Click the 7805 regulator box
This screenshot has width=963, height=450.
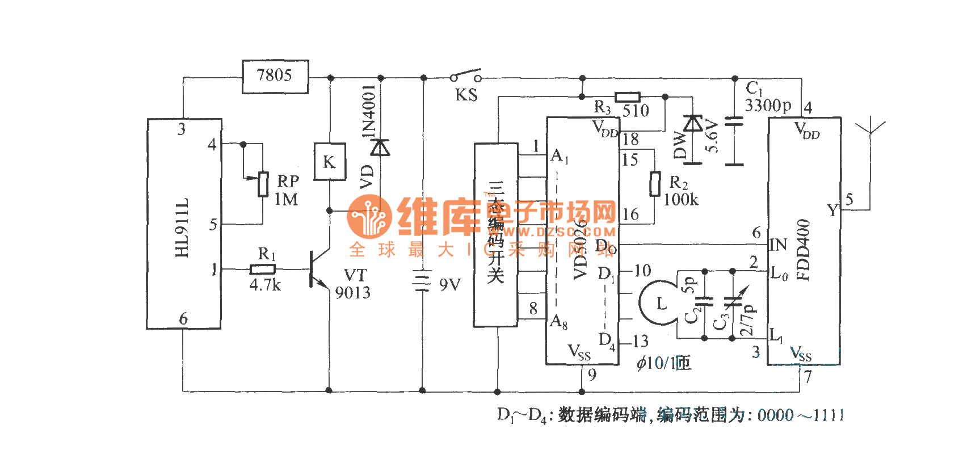pyautogui.click(x=275, y=77)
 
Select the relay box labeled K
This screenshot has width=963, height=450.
pyautogui.click(x=329, y=162)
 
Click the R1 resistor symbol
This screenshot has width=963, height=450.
pyautogui.click(x=263, y=270)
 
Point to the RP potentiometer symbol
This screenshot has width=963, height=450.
pyautogui.click(x=263, y=184)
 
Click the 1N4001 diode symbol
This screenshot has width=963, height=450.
pyautogui.click(x=380, y=148)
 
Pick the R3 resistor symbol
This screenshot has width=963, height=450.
pyautogui.click(x=627, y=97)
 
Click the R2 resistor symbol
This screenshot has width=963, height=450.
pyautogui.click(x=655, y=184)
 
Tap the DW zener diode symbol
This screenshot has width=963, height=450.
pyautogui.click(x=692, y=124)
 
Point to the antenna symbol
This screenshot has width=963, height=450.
pyautogui.click(x=869, y=128)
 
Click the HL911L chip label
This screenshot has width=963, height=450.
pyautogui.click(x=182, y=228)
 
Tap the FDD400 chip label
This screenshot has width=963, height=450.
pyautogui.click(x=804, y=250)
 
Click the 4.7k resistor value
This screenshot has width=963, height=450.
pyautogui.click(x=265, y=285)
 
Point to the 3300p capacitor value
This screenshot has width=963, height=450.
pyautogui.click(x=768, y=106)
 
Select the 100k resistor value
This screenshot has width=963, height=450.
pyautogui.click(x=681, y=200)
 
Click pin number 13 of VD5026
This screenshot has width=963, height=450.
pyautogui.click(x=641, y=342)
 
